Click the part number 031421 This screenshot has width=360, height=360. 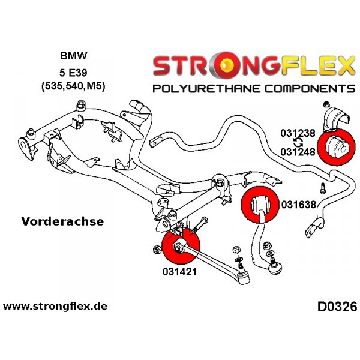[179, 272]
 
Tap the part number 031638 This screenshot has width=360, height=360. [299, 205]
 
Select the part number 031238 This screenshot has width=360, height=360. [298, 133]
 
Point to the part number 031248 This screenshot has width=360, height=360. [298, 152]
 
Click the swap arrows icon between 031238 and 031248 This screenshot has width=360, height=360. [298, 143]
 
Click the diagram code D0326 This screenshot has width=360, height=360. [337, 307]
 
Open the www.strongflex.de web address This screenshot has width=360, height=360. [55, 306]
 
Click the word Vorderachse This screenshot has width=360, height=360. [62, 221]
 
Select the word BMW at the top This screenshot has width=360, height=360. [73, 56]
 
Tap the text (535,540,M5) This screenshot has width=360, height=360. [73, 86]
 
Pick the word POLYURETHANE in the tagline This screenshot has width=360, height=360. [207, 88]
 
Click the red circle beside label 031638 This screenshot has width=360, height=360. [260, 205]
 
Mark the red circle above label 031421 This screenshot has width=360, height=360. [181, 247]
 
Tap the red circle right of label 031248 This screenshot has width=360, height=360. [335, 147]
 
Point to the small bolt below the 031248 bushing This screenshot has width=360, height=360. [323, 189]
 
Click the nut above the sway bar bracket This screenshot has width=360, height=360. [325, 104]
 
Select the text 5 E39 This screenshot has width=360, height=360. [73, 73]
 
